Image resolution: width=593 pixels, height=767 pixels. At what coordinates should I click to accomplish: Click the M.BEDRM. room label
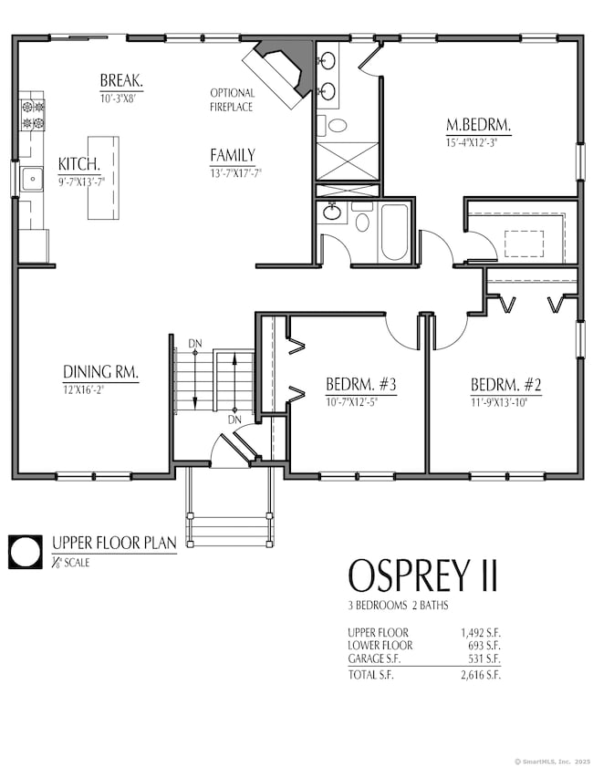coord(478,125)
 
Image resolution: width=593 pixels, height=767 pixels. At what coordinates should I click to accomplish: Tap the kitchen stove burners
coord(33,115)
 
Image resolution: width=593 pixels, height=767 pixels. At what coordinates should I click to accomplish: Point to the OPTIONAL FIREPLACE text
coord(232,99)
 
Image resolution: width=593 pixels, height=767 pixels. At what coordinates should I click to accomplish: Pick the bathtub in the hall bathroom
coord(394,232)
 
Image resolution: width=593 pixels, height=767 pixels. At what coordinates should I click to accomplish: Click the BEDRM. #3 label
coord(361,385)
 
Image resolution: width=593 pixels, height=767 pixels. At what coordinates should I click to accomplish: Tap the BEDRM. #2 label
coord(506,385)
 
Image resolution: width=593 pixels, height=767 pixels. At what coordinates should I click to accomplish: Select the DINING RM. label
coord(100,372)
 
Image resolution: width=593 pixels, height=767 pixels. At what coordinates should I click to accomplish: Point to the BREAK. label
coord(121,80)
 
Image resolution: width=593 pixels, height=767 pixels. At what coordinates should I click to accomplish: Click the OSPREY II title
coord(422,575)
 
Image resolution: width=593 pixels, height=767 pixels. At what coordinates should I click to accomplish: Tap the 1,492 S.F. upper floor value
coord(481,633)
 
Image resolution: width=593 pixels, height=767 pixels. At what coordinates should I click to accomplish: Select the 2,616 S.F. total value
coord(481,675)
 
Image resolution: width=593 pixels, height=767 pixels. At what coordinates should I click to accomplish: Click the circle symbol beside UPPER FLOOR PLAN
coord(25,553)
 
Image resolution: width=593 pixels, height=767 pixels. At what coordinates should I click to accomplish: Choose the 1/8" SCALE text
coord(71,563)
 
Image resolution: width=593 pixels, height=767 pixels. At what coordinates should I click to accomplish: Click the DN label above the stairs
coord(194,344)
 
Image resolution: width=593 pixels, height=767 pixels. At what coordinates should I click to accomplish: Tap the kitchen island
coord(103,178)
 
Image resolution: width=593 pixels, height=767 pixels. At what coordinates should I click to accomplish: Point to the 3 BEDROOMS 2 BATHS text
coord(398,606)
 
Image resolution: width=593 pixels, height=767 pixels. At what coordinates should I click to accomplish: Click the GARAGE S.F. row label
coord(374,658)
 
